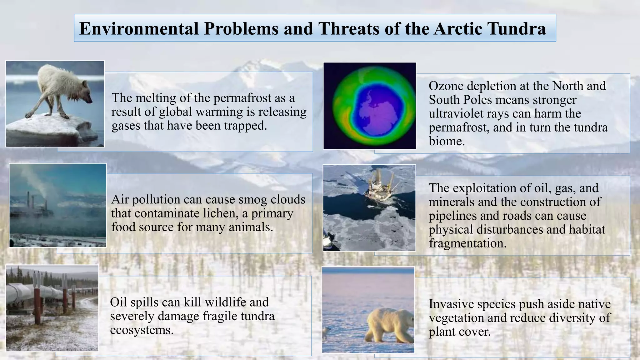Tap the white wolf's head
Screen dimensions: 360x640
[x=86, y=96]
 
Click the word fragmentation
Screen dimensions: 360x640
[x=467, y=243]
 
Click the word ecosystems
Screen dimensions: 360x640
[x=141, y=330]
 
